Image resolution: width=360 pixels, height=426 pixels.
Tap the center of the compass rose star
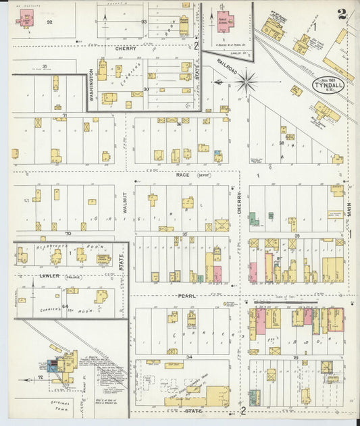click(x=247, y=82)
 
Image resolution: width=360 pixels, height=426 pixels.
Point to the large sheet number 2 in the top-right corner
click(x=343, y=13)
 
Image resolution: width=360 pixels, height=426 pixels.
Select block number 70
click(x=68, y=233)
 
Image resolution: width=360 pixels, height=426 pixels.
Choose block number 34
click(x=189, y=356)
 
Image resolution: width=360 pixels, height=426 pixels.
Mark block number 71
click(x=65, y=116)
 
